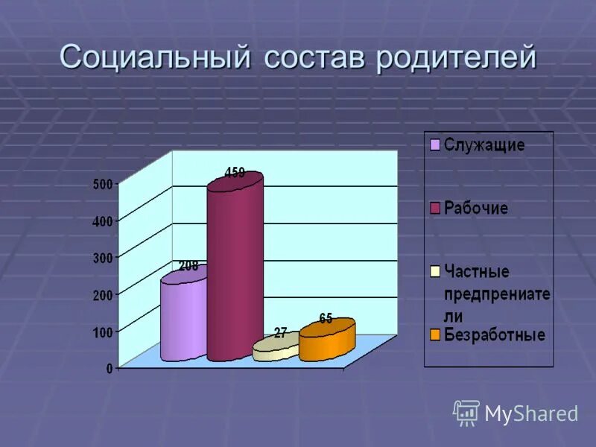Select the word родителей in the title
pos(456,58)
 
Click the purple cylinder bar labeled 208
pos(183,317)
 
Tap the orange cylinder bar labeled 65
pos(327,343)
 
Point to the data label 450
pos(235,173)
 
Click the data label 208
pos(188,265)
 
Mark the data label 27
pos(280,334)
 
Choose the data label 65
pos(326,318)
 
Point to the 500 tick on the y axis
pos(103,184)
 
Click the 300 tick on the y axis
pos(103,258)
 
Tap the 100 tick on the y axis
pos(103,331)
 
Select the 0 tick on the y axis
pos(110,367)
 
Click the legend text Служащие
pos(484,145)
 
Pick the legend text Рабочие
pos(476,208)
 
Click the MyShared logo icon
pos(466,413)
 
